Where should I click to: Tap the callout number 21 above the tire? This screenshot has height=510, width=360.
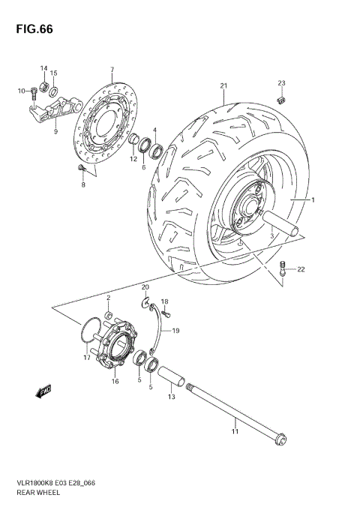tap(223, 86)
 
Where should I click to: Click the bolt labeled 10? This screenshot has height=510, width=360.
tap(34, 93)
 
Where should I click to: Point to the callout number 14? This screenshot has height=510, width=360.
tap(43, 68)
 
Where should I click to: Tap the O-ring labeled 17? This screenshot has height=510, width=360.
tap(90, 330)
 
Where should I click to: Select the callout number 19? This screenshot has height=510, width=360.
tap(175, 329)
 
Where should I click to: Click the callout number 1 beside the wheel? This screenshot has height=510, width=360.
tap(313, 200)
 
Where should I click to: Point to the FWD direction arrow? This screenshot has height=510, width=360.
tap(41, 391)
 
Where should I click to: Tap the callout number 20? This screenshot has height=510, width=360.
tap(145, 287)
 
